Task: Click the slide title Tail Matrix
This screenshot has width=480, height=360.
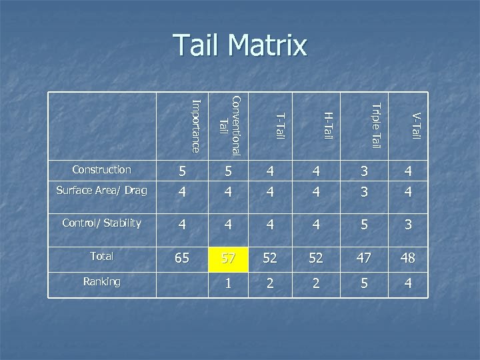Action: tap(240, 45)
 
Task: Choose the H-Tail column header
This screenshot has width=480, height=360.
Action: tap(327, 127)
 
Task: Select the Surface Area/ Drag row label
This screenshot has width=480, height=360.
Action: tap(101, 191)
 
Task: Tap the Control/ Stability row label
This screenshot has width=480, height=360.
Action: tap(101, 223)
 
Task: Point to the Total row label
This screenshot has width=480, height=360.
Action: tap(102, 256)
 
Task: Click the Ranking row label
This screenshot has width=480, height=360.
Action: tap(102, 281)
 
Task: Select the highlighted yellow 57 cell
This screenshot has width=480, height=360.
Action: tap(229, 257)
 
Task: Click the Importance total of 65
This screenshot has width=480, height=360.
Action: tap(181, 257)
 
